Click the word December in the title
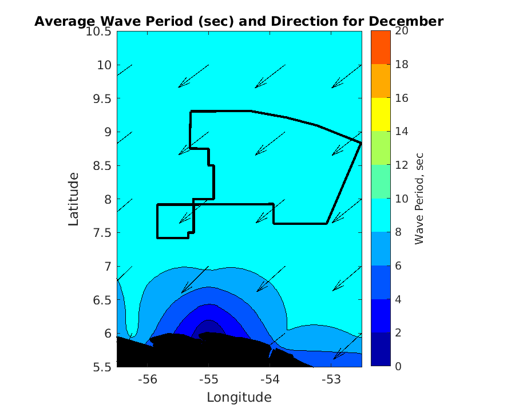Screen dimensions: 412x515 (406, 22)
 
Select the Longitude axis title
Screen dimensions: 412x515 (239, 397)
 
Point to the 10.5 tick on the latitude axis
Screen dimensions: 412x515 (99, 31)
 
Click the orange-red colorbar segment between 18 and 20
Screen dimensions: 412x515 (380, 47)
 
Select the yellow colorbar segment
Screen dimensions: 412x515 (380, 114)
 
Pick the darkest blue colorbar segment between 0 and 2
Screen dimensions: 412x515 (380, 349)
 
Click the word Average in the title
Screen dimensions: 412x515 (63, 22)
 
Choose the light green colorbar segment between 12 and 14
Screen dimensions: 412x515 (380, 148)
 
